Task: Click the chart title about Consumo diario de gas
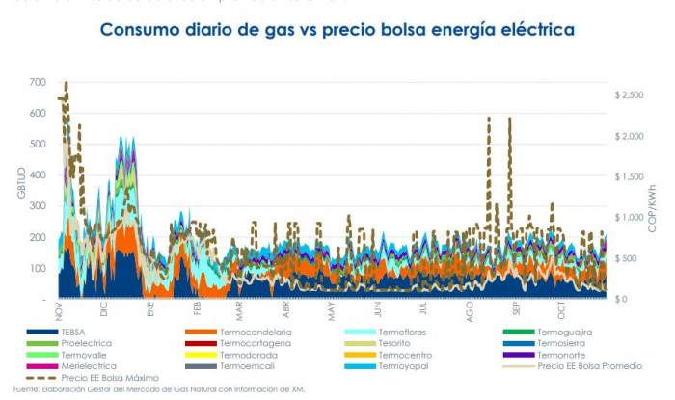[337, 30]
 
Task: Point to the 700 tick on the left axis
[37, 83]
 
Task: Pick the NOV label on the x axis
[59, 312]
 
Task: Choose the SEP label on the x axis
[518, 312]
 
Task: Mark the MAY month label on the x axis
[332, 312]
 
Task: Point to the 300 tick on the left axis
[37, 206]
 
